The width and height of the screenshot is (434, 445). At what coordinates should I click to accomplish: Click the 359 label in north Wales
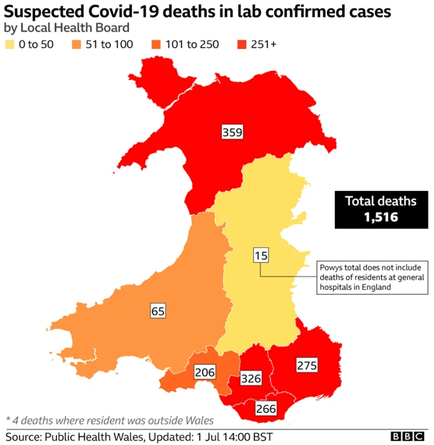click(233, 132)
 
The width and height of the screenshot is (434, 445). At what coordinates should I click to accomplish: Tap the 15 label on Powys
click(261, 255)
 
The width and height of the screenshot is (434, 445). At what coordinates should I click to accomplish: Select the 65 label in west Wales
click(158, 311)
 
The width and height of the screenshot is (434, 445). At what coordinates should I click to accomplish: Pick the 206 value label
click(205, 372)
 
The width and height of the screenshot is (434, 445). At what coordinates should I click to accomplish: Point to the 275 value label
click(307, 366)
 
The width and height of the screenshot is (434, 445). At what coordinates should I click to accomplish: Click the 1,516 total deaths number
click(380, 218)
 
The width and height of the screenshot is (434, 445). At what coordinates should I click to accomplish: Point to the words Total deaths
click(380, 201)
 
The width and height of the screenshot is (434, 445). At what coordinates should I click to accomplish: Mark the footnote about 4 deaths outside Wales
click(109, 419)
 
